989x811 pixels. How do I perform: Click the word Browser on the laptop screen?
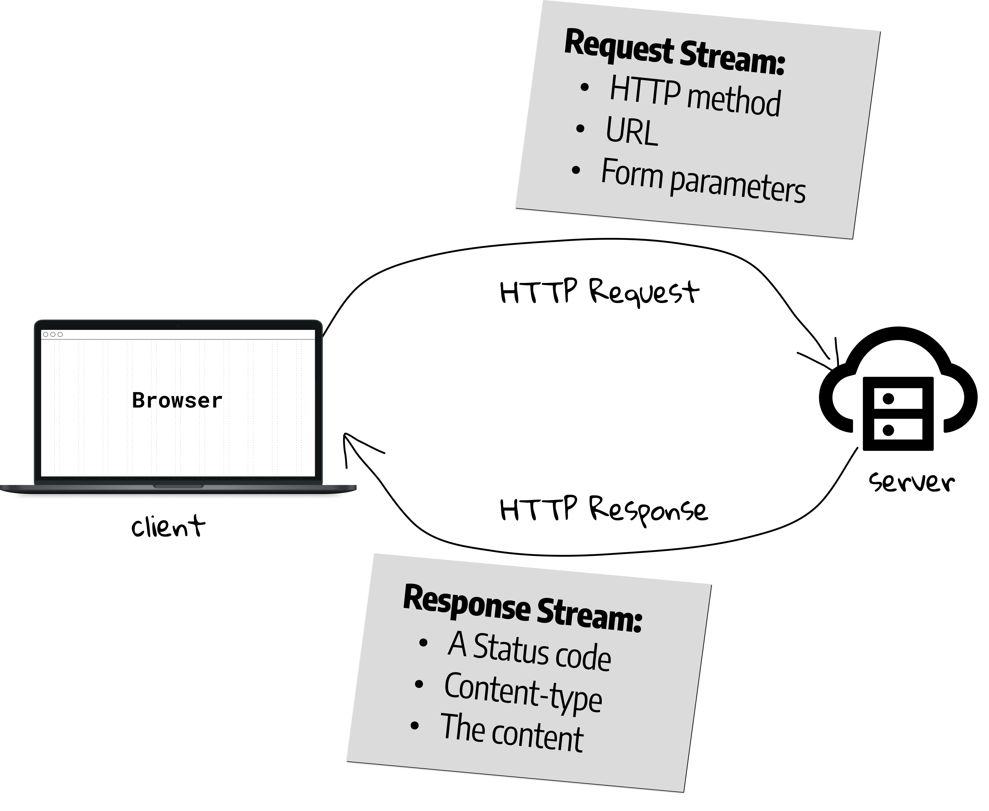tap(177, 401)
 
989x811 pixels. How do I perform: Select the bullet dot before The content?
tap(414, 725)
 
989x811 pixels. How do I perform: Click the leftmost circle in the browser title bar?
tap(46, 335)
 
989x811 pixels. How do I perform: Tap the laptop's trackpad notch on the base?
tap(178, 486)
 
